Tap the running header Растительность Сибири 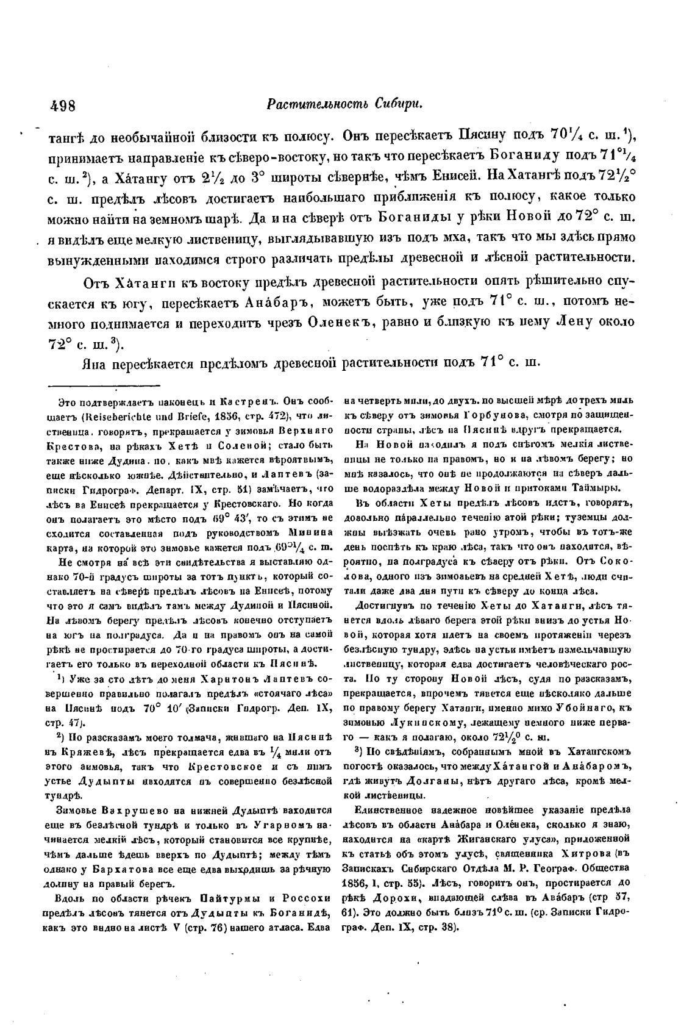344,104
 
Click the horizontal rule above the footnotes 104,385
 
